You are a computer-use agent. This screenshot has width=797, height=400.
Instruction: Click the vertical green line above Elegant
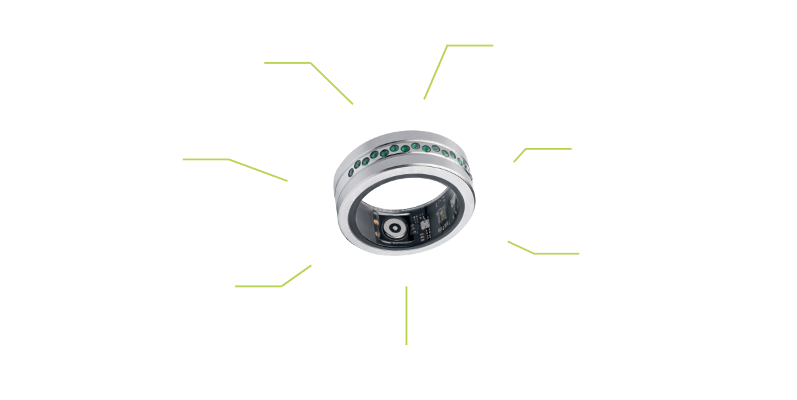pos(406,314)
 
